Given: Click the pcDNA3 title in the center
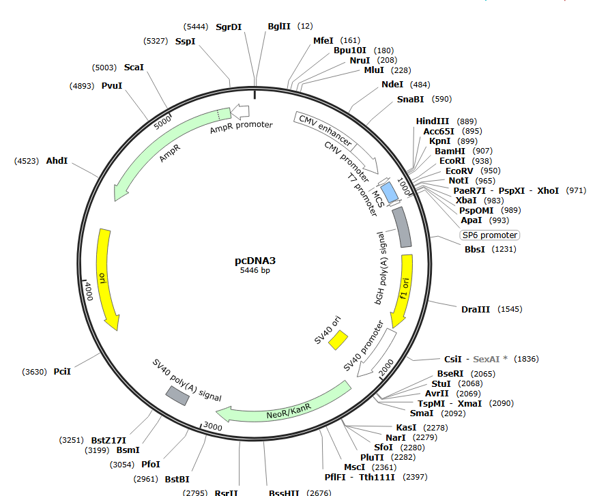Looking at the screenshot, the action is point(255,261).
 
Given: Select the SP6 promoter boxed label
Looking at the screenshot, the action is point(489,235).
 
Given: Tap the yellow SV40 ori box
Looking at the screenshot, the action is point(338,340).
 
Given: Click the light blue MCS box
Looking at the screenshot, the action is point(390,192).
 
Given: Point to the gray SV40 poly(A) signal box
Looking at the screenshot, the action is point(177,396).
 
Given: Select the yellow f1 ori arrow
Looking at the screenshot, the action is point(403,291).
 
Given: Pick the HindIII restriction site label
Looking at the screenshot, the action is point(432,121).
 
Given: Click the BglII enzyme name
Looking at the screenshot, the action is point(279,26).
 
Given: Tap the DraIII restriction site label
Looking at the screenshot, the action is point(476,309).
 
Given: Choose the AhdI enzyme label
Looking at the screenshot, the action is point(57,161).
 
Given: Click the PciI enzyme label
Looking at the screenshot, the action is point(62,372).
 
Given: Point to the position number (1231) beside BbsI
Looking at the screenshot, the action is point(504,249).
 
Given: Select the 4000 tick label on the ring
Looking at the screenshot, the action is point(89,291).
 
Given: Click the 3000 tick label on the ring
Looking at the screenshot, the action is point(212,426).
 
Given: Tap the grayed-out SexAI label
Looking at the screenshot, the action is point(486,359).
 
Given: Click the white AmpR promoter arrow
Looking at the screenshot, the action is point(240,111).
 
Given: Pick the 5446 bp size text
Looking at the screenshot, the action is point(255,270).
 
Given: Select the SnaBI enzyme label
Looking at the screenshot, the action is point(410,100).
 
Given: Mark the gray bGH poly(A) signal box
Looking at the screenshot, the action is point(402,227).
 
